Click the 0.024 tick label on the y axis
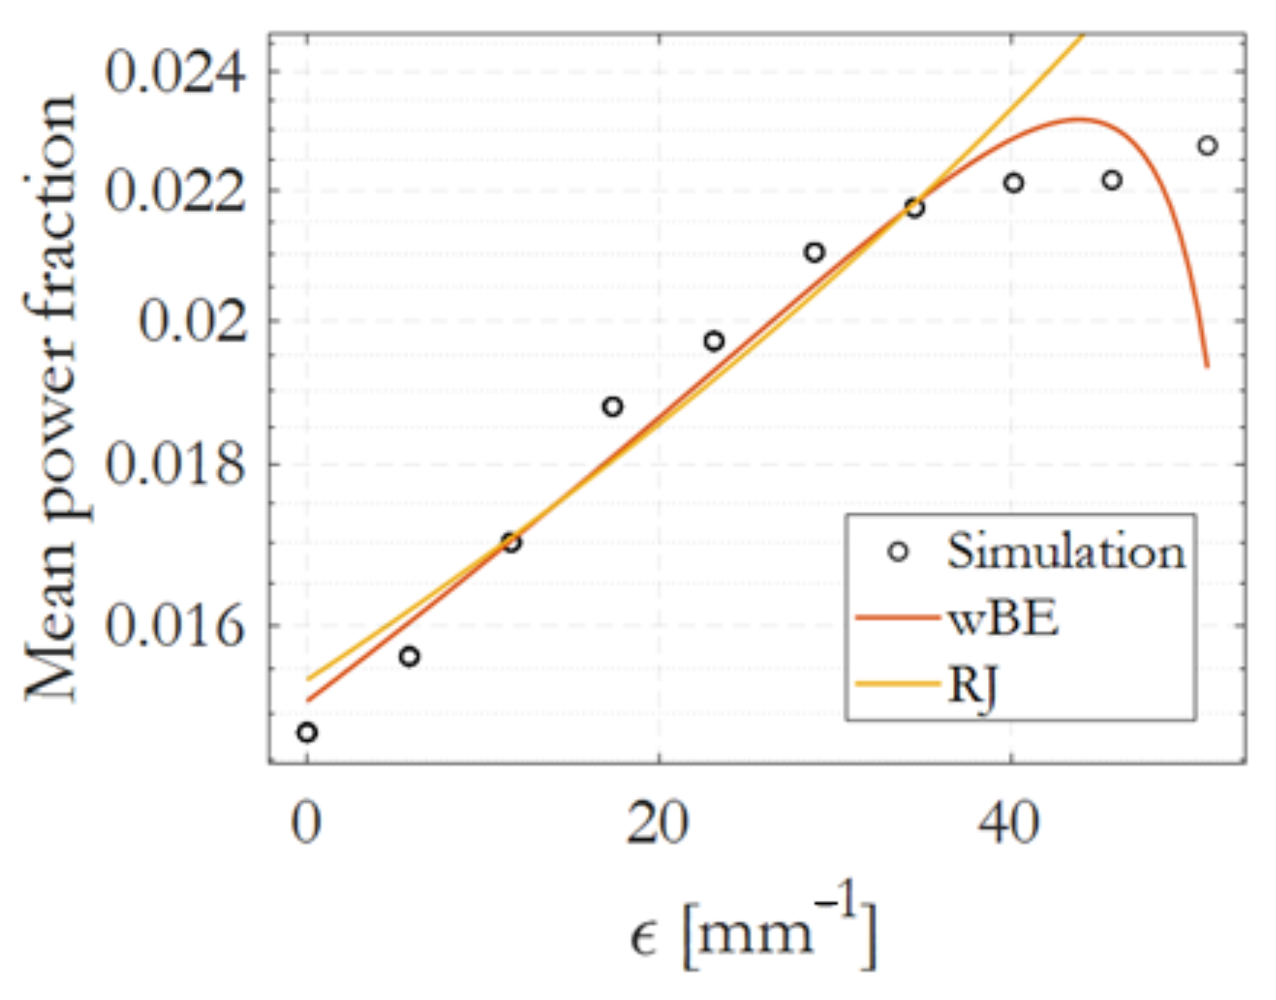[175, 72]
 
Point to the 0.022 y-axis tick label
[175, 191]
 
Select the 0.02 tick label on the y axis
[193, 321]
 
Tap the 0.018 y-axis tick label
[175, 465]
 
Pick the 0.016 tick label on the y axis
[175, 625]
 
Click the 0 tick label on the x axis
[306, 822]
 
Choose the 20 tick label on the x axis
[657, 822]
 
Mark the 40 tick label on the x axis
[1009, 822]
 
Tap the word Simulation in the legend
[1066, 551]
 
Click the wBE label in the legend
[1003, 618]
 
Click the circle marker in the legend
[897, 551]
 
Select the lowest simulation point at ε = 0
[307, 732]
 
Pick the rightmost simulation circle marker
[1207, 146]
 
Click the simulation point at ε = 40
[1013, 183]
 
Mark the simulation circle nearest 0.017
[511, 542]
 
